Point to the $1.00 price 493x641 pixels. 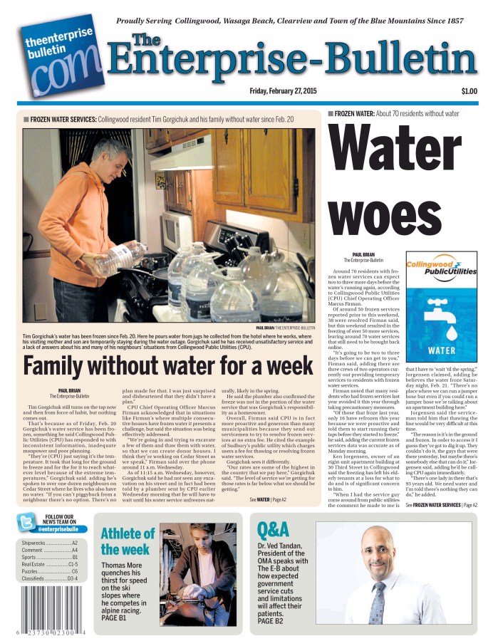point(469,91)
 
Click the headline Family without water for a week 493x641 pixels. point(168,365)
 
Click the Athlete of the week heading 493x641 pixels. point(128,541)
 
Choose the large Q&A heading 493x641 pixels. point(273,529)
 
